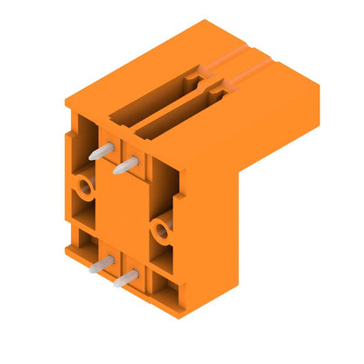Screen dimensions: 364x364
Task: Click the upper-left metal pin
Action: [101, 151]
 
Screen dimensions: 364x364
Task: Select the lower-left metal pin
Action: [101, 263]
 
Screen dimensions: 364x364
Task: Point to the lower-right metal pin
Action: [126, 279]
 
